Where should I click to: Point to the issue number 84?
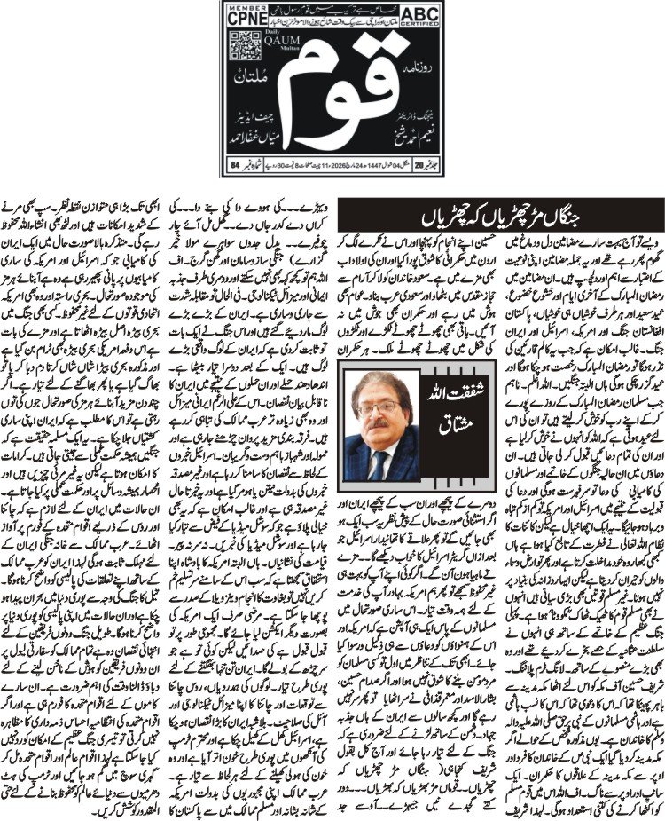[x=235, y=164]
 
